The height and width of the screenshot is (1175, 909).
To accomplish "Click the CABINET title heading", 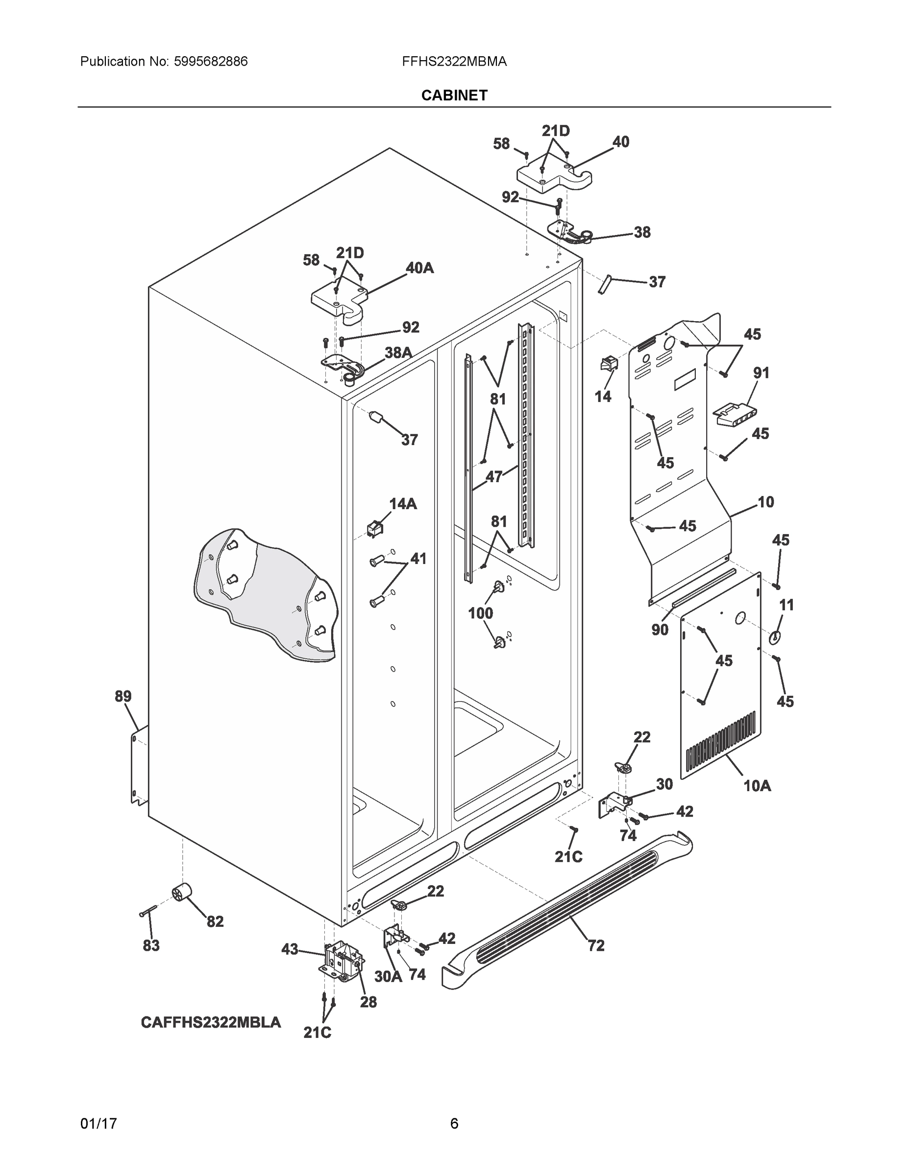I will tap(454, 95).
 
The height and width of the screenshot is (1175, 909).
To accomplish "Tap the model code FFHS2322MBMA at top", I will tap(454, 62).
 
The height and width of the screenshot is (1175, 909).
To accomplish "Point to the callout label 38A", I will tap(398, 352).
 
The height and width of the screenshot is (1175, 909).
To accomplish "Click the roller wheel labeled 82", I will tap(181, 893).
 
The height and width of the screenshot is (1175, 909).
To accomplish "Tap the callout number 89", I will tap(123, 696).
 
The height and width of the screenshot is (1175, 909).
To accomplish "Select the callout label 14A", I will tap(403, 504).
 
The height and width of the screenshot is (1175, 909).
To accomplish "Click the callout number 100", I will tap(480, 613).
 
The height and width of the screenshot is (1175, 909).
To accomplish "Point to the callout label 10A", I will tap(757, 786).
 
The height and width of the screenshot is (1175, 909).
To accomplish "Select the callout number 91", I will tap(761, 372).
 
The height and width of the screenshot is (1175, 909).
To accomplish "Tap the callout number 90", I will tap(660, 630).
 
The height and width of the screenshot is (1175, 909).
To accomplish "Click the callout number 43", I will tap(290, 950).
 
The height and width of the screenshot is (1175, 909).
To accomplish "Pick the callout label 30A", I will tap(388, 976).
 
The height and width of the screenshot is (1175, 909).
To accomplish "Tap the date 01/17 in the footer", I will tap(98, 1124).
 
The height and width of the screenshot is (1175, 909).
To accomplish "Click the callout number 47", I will tap(494, 476).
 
